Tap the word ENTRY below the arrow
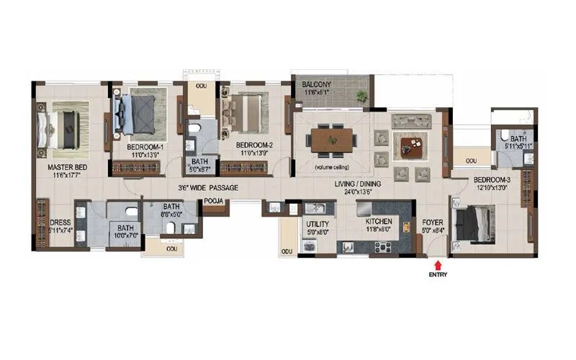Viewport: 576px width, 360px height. [x=435, y=275]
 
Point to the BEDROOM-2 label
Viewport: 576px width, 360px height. [x=254, y=145]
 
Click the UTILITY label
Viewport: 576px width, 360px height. [x=318, y=225]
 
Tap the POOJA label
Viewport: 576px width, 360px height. [x=212, y=202]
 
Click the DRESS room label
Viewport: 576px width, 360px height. [x=60, y=222]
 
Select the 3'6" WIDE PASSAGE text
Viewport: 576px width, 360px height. [x=208, y=188]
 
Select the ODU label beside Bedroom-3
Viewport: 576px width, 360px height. [x=470, y=161]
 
